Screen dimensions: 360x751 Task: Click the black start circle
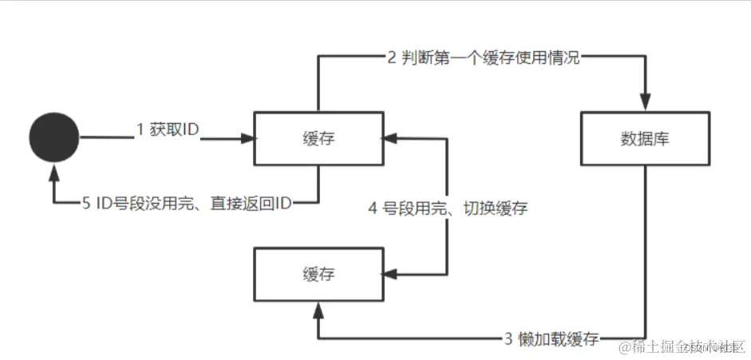pyautogui.click(x=54, y=137)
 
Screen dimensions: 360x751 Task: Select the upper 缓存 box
pyautogui.click(x=318, y=139)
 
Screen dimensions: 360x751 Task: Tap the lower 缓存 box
pyautogui.click(x=318, y=275)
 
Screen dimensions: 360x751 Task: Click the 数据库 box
pyautogui.click(x=644, y=139)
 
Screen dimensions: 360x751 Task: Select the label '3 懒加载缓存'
pyautogui.click(x=551, y=338)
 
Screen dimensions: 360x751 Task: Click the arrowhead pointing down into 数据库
pyautogui.click(x=644, y=103)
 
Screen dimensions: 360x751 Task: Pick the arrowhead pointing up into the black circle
pyautogui.click(x=54, y=171)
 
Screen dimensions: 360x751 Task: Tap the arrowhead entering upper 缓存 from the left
pyautogui.click(x=247, y=138)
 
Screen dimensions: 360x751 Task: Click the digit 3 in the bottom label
pyautogui.click(x=508, y=338)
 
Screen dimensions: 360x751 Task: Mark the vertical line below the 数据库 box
pyautogui.click(x=644, y=247)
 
